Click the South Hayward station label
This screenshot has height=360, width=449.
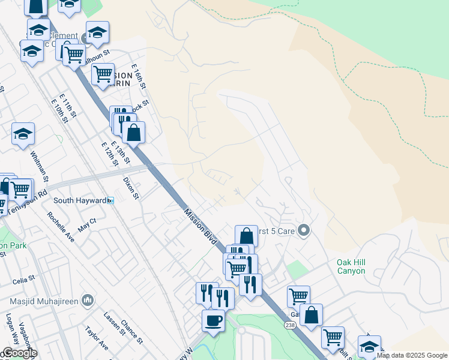(79, 200)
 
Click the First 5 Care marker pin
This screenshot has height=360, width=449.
(304, 230)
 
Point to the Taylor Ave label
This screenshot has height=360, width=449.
(97, 338)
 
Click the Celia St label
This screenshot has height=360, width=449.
(24, 280)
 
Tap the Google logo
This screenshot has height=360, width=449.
(19, 353)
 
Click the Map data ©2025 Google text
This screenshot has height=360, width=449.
(412, 355)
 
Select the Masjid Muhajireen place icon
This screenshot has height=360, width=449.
(87, 299)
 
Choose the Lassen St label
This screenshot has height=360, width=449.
(112, 323)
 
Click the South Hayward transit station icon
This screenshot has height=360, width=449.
(110, 200)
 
